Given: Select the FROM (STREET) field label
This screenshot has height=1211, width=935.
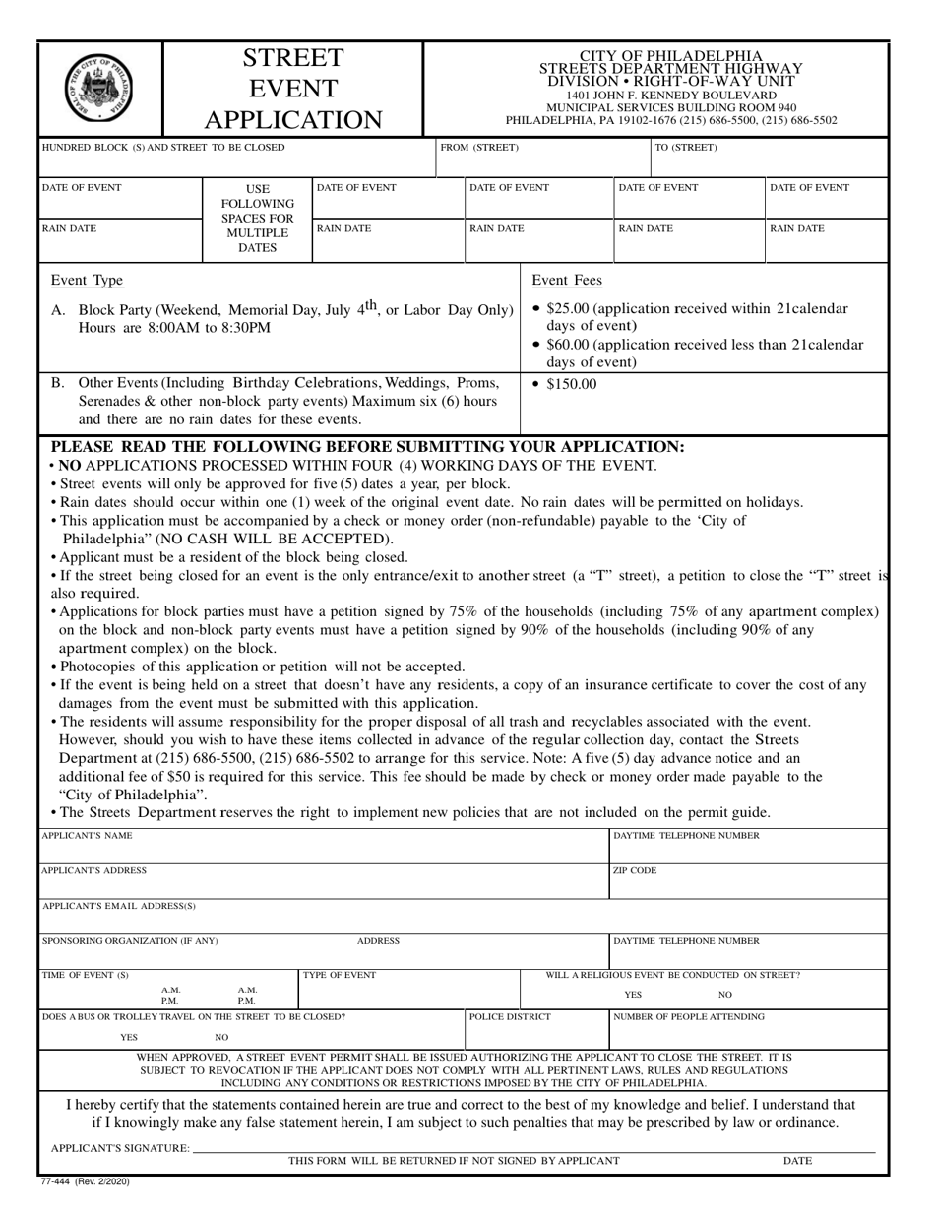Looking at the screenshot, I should pos(479,148).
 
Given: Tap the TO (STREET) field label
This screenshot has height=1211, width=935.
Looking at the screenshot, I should pos(686,148).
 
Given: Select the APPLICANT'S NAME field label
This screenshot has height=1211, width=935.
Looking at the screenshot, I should pos(87,836).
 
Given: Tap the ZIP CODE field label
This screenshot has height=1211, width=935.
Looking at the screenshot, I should pos(635,871).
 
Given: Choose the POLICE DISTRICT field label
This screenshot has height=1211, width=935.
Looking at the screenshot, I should pos(510,1016).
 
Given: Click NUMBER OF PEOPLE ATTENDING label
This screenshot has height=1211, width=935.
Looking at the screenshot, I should pos(688,1016).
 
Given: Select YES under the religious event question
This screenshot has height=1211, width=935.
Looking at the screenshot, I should pos(633,995).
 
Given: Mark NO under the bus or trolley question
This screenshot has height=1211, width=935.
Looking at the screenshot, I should pos(221,1038).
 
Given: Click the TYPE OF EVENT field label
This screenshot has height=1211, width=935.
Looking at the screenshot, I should pos(340,975).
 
